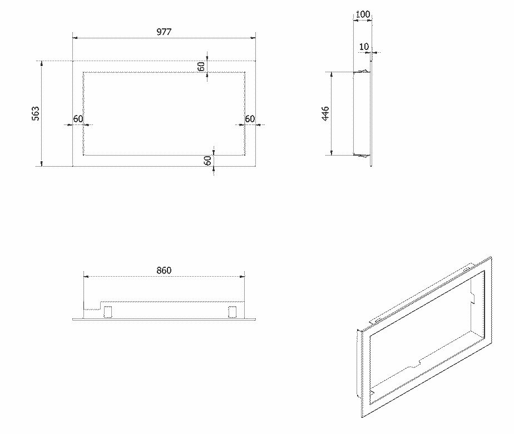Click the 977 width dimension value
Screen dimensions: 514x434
click(164, 32)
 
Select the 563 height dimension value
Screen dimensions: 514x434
click(36, 114)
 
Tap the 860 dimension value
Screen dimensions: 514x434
click(164, 271)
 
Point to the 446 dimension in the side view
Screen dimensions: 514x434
click(325, 114)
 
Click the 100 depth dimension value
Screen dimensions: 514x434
click(363, 14)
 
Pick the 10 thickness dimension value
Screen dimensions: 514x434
click(364, 47)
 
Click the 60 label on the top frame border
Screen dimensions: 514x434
click(201, 67)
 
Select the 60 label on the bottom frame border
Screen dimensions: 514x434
click(207, 161)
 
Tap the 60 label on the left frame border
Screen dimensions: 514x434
click(78, 118)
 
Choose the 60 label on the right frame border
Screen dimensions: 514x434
click(250, 118)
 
